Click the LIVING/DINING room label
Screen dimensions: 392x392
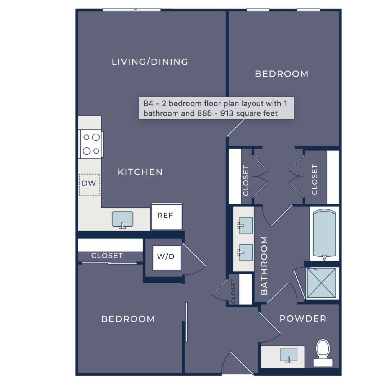150,62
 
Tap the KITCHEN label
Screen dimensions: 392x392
140,172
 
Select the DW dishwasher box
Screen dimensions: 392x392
89,185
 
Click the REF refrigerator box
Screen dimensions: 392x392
167,216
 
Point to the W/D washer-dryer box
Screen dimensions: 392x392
167,258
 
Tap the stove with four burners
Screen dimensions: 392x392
91,144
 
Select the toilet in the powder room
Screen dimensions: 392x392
323,353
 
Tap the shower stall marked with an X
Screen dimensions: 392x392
321,283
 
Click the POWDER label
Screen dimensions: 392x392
303,318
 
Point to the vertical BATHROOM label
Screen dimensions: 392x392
264,266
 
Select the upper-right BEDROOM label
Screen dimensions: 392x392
282,74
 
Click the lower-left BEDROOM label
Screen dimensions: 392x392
128,319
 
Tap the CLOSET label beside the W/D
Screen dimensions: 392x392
107,255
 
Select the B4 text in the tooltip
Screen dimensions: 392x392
148,103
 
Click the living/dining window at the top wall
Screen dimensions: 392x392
132,10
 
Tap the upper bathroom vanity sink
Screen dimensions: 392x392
245,225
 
